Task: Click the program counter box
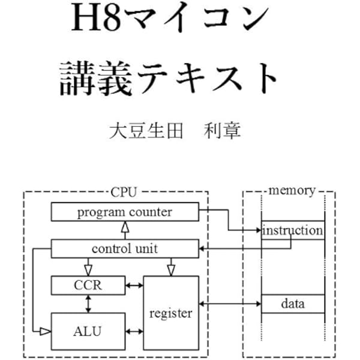pyautogui.click(x=124, y=212)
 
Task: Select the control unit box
pyautogui.click(x=124, y=248)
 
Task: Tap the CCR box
pyautogui.click(x=88, y=285)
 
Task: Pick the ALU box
pyautogui.click(x=88, y=331)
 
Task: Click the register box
pyautogui.click(x=170, y=313)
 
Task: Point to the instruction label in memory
pyautogui.click(x=293, y=230)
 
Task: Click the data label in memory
pyautogui.click(x=293, y=304)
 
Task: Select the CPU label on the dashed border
pyautogui.click(x=124, y=192)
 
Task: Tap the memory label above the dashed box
pyautogui.click(x=292, y=191)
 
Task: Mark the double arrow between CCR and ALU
pyautogui.click(x=89, y=304)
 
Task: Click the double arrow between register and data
pyautogui.click(x=230, y=304)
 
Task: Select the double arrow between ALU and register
pyautogui.click(x=134, y=331)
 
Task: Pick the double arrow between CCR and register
pyautogui.click(x=134, y=285)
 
